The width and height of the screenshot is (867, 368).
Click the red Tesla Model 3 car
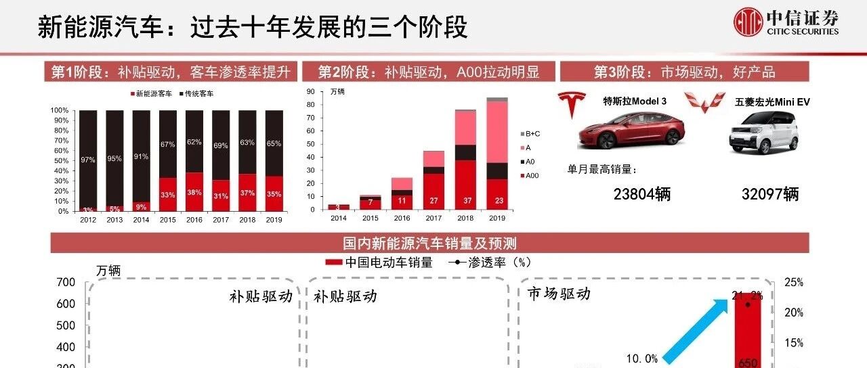point(631,129)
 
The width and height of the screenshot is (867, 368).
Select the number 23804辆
point(642,194)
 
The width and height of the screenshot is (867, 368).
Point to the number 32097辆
point(770,194)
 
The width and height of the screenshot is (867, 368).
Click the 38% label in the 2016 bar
point(194,192)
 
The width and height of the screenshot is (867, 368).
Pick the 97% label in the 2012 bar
point(88,159)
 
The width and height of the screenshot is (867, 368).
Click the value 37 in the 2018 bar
point(465,200)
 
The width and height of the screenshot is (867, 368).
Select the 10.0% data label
point(641,359)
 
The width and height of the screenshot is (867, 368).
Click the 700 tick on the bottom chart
point(66,282)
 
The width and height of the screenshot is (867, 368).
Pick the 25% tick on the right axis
point(793,283)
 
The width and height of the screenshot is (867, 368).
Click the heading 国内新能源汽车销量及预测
point(429,243)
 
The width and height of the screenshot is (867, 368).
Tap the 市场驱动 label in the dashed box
point(559,293)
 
